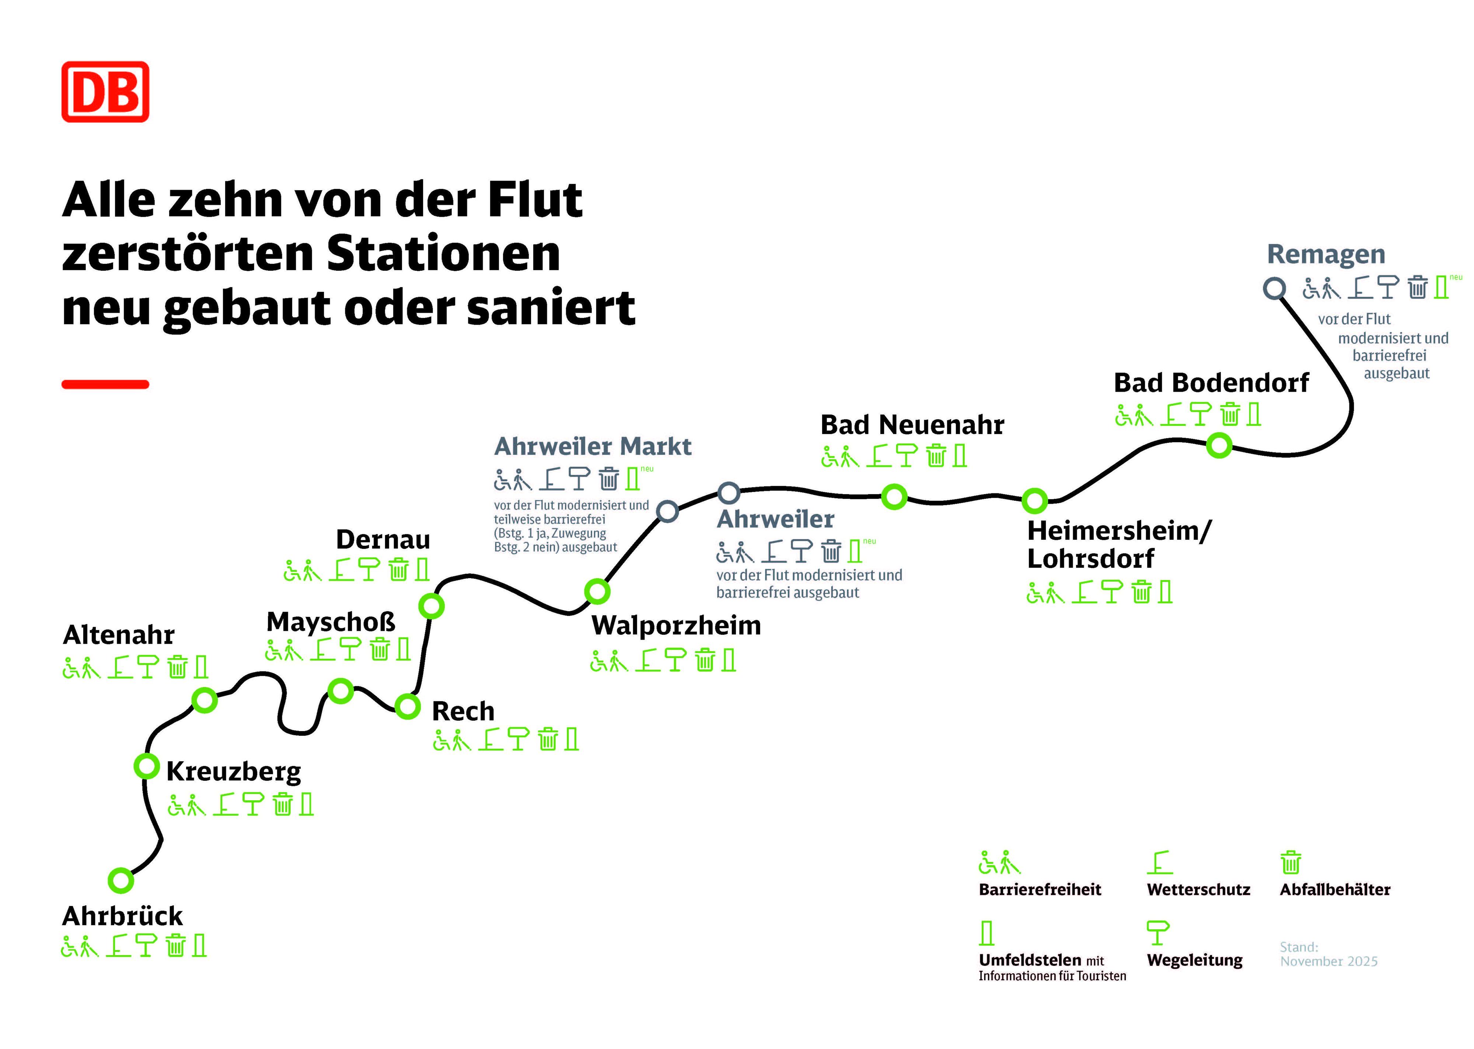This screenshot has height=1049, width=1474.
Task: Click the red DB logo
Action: pos(105,92)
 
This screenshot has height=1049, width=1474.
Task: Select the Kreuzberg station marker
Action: pos(147,766)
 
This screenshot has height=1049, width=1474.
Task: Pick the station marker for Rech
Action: pos(408,706)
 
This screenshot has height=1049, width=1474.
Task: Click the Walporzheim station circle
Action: pos(597,590)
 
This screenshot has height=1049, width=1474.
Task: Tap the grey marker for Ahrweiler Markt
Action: pos(667,511)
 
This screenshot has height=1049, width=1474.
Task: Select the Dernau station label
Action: pos(383,539)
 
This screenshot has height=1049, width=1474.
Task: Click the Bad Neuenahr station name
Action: pos(912,425)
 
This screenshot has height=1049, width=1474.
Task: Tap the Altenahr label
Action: pos(119,635)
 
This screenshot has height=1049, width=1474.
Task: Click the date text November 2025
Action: pos(1329,961)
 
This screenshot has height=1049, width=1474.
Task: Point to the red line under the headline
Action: pos(105,384)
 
